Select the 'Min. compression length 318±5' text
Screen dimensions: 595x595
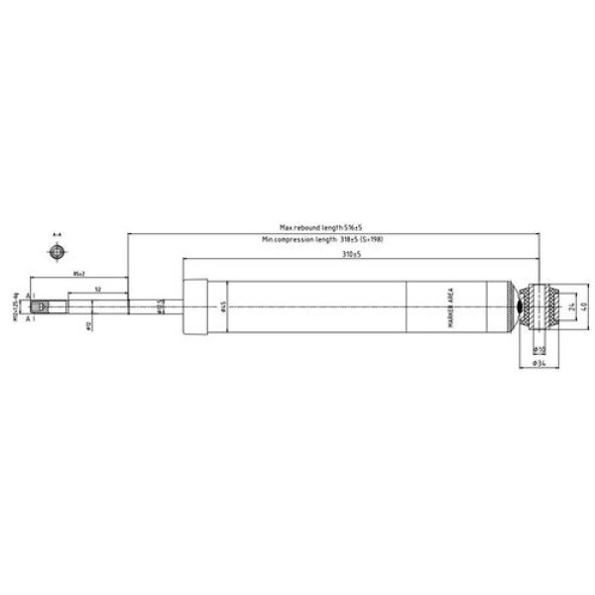[x=322, y=241]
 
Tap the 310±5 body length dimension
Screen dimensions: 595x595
[x=344, y=255]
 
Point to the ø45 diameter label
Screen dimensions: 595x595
[x=226, y=306]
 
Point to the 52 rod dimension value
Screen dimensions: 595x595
[x=97, y=289]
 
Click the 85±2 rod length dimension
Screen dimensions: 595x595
[x=78, y=272]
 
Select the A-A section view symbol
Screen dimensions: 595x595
[x=58, y=250]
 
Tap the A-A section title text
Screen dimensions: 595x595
[x=58, y=236]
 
